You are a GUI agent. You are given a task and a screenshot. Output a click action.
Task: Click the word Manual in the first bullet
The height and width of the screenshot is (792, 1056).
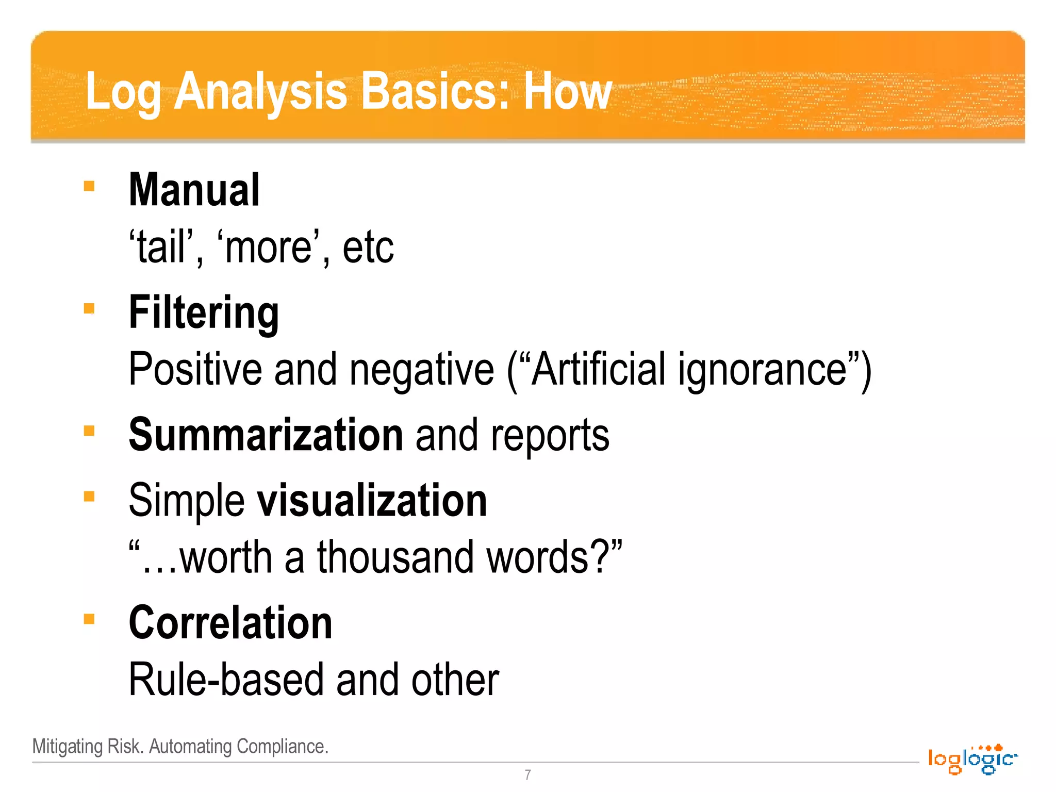click(x=194, y=190)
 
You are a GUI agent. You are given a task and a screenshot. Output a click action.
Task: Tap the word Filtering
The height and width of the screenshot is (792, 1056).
click(x=204, y=313)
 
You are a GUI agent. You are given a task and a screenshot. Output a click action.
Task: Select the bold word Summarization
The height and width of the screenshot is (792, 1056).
click(x=266, y=435)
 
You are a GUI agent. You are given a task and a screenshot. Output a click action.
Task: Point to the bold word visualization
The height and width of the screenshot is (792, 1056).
click(x=372, y=500)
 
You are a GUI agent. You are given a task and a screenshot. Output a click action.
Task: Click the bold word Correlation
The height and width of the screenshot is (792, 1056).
click(x=230, y=623)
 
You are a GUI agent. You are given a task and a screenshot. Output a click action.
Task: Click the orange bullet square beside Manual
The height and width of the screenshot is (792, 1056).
click(x=89, y=186)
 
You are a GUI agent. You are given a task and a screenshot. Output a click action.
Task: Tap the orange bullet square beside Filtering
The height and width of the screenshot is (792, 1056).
click(x=89, y=308)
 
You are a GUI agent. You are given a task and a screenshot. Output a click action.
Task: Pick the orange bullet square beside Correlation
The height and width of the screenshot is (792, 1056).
click(x=89, y=618)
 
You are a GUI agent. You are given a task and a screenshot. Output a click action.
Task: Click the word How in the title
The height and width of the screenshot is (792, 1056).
click(x=567, y=92)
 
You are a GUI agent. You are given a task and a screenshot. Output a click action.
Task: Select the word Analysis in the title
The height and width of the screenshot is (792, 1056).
click(x=260, y=92)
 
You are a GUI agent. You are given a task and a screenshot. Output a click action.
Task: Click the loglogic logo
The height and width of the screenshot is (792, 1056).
click(x=972, y=759)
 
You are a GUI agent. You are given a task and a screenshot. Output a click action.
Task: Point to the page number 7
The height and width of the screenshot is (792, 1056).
click(x=527, y=774)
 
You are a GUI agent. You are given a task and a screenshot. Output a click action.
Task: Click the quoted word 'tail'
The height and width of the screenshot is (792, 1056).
click(x=161, y=248)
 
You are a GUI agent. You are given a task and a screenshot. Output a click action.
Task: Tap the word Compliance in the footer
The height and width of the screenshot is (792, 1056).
click(x=282, y=747)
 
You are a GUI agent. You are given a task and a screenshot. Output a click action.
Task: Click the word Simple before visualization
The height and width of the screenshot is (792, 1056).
click(x=186, y=501)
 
